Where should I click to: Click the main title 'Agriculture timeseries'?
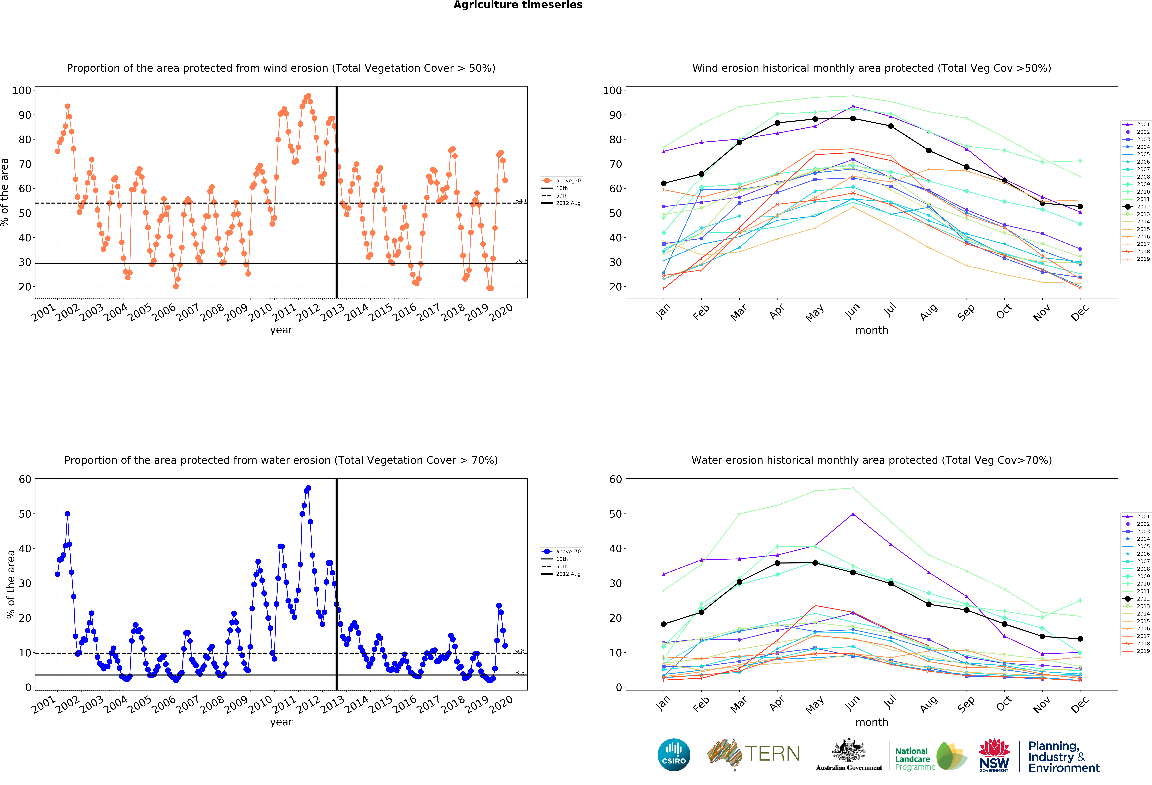tap(518, 5)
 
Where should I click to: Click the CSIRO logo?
tap(674, 755)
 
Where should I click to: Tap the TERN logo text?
tap(772, 754)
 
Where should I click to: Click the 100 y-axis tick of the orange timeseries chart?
tap(22, 90)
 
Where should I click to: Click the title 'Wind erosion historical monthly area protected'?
tap(871, 68)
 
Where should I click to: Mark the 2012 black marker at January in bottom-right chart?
tap(664, 624)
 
